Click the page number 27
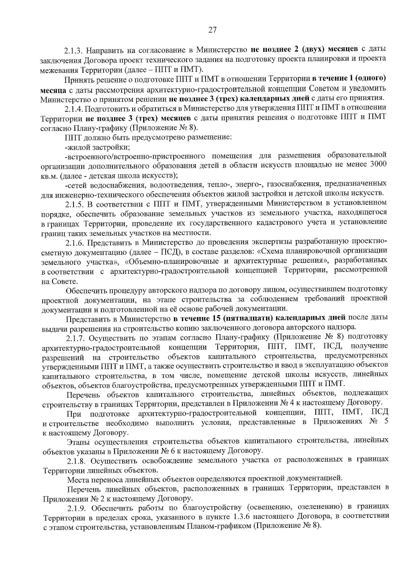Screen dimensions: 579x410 click(212, 30)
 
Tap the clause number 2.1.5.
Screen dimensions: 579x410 click(73, 204)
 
